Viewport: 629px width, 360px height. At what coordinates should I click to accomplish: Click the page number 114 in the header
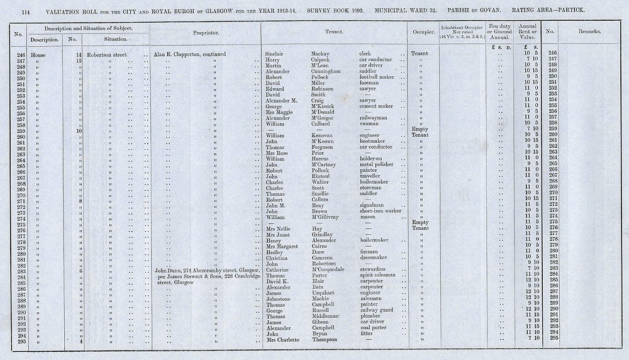coord(26,12)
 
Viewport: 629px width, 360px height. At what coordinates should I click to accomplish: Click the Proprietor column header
coord(205,31)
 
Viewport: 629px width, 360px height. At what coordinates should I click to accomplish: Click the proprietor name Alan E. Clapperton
coord(179,55)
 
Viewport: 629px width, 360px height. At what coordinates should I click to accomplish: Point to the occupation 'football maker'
coord(377,77)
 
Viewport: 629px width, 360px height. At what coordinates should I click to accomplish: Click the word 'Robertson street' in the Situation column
coord(108,55)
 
